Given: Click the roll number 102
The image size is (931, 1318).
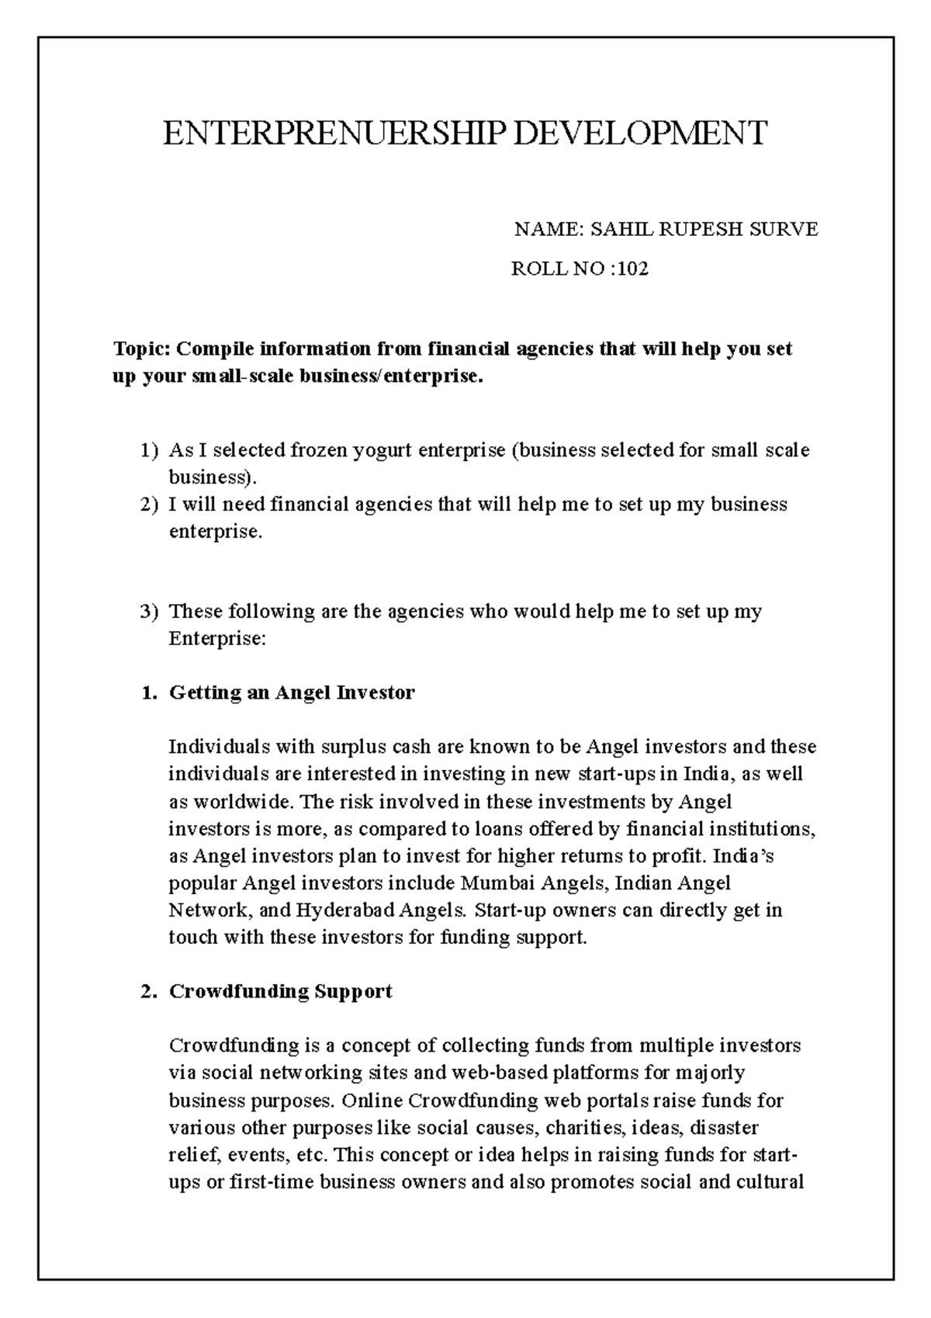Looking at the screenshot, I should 632,269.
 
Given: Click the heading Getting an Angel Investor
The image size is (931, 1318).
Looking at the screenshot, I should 292,692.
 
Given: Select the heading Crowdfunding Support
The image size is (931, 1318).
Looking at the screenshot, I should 280,991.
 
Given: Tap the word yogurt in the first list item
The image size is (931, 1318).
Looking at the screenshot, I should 380,450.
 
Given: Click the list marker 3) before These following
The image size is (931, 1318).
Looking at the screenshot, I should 149,612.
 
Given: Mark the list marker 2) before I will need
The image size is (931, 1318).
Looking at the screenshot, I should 149,505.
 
